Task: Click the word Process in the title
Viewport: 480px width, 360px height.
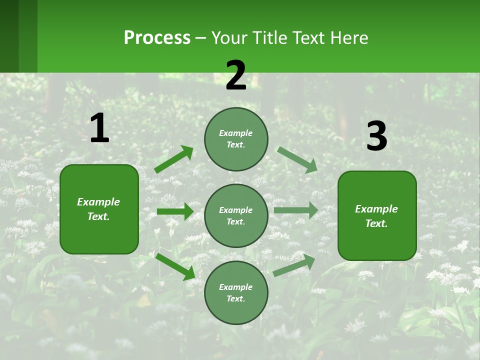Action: point(157,38)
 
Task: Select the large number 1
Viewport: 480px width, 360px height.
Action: point(99,128)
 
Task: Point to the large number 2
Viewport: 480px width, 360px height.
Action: point(236,75)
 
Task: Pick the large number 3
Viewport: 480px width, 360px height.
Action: point(376,136)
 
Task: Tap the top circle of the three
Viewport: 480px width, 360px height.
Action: point(236,139)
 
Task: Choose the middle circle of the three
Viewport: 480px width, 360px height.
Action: point(236,215)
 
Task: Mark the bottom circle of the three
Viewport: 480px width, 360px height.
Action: point(236,292)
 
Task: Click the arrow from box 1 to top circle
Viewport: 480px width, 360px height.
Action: point(174,159)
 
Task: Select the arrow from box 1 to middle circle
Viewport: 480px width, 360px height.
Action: point(175,211)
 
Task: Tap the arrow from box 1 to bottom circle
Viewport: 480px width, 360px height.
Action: point(175,266)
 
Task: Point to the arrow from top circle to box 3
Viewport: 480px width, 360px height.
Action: point(297,159)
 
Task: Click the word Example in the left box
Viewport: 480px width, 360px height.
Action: point(98,202)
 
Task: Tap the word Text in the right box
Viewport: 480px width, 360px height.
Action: point(375,223)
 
